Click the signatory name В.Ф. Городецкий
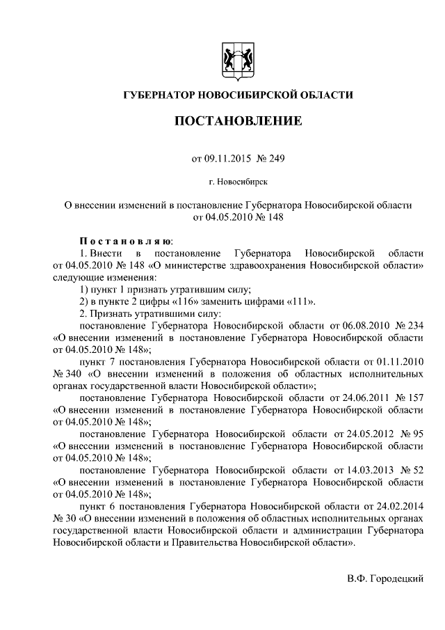point(385,579)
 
